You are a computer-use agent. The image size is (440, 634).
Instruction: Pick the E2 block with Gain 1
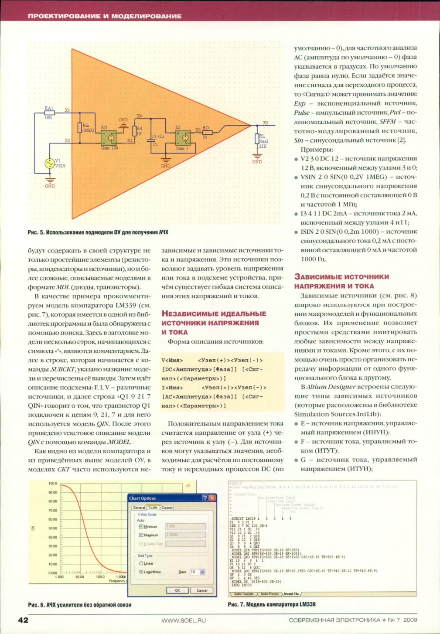pyautogui.click(x=183, y=138)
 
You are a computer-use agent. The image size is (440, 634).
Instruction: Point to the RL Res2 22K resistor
pyautogui.click(x=257, y=139)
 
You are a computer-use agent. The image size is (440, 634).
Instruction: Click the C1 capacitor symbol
pyautogui.click(x=151, y=140)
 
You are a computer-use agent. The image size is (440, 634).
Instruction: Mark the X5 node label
pyautogui.click(x=266, y=123)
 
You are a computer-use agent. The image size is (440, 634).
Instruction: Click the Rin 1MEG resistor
pyautogui.click(x=80, y=128)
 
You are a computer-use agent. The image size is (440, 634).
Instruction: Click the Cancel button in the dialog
pyautogui.click(x=202, y=590)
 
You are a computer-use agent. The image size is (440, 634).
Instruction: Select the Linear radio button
pyautogui.click(x=141, y=563)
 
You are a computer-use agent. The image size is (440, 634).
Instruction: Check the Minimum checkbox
pyautogui.click(x=141, y=527)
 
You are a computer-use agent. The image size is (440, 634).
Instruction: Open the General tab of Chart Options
pyautogui.click(x=139, y=508)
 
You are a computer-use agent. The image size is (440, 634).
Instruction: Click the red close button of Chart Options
pyautogui.click(x=212, y=498)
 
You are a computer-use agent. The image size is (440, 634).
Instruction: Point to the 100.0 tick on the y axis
pyautogui.click(x=52, y=484)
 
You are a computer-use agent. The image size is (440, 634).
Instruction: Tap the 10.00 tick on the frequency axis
pyautogui.click(x=79, y=576)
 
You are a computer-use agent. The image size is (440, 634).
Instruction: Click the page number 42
pyautogui.click(x=23, y=620)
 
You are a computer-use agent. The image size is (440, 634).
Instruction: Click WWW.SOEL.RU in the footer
pyautogui.click(x=183, y=620)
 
